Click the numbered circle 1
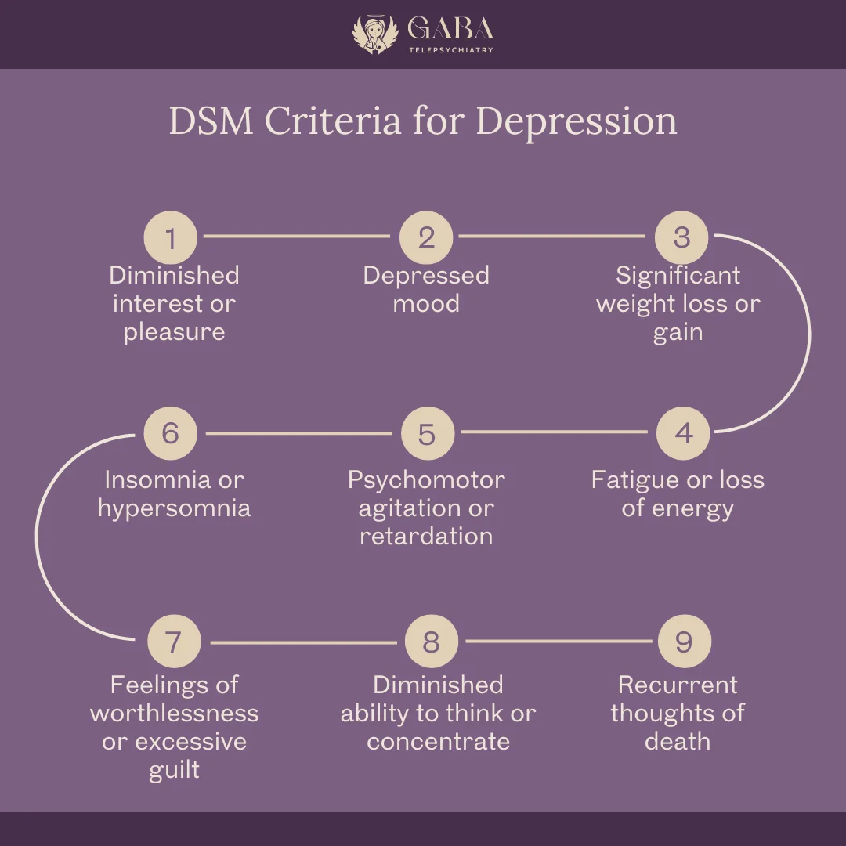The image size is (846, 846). coord(171,237)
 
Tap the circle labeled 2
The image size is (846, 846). coord(426,237)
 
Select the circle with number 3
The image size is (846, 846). coord(681,237)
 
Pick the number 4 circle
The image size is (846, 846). coord(683,433)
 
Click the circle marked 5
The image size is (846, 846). coord(427,433)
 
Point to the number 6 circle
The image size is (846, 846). coord(171,433)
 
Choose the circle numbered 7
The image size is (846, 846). coord(174,642)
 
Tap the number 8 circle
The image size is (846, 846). coord(431,642)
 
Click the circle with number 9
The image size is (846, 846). coord(684,642)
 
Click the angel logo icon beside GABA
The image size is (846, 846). coord(375,34)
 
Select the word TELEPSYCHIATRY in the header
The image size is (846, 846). coord(450,50)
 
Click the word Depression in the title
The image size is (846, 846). coord(577,121)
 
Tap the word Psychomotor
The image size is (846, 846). coord(426,479)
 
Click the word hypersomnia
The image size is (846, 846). coord(174,508)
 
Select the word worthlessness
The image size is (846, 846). coord(174,713)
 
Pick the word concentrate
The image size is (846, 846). coord(438,741)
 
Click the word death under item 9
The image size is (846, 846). coord(678,741)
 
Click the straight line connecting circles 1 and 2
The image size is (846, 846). coord(298,235)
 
